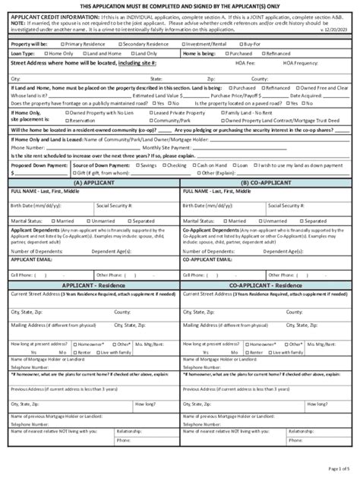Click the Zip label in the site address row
(x=210, y=78)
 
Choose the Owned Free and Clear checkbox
(x=312, y=88)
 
